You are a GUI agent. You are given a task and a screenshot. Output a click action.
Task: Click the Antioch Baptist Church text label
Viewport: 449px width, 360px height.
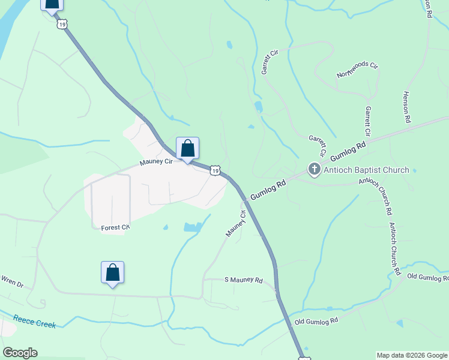tap(366, 170)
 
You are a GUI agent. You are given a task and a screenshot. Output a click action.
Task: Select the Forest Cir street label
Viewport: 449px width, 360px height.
tap(115, 227)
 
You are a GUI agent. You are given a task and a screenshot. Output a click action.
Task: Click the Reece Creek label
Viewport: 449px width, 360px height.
tap(35, 322)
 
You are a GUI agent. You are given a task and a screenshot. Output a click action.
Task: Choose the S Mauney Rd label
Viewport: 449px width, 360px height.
tap(243, 280)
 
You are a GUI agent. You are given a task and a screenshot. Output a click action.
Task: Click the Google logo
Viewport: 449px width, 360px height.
tap(20, 352)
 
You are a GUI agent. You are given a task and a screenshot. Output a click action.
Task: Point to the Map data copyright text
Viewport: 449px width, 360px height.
tap(412, 355)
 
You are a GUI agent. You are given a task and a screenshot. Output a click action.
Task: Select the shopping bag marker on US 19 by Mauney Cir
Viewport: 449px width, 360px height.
tap(187, 148)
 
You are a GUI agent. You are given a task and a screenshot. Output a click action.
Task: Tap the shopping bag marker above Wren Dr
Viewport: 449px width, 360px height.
tap(112, 272)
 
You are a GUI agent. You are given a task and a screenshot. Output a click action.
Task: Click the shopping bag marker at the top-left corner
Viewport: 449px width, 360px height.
tap(52, 4)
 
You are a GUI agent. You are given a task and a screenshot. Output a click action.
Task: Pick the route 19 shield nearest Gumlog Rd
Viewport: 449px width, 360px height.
tap(215, 171)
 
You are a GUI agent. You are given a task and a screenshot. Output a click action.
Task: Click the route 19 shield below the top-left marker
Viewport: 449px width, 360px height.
tap(62, 25)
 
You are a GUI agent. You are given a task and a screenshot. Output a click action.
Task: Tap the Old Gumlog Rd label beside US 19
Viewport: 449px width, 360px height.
tap(316, 321)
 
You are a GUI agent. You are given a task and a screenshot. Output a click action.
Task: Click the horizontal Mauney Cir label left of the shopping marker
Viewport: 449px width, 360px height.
tap(156, 162)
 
